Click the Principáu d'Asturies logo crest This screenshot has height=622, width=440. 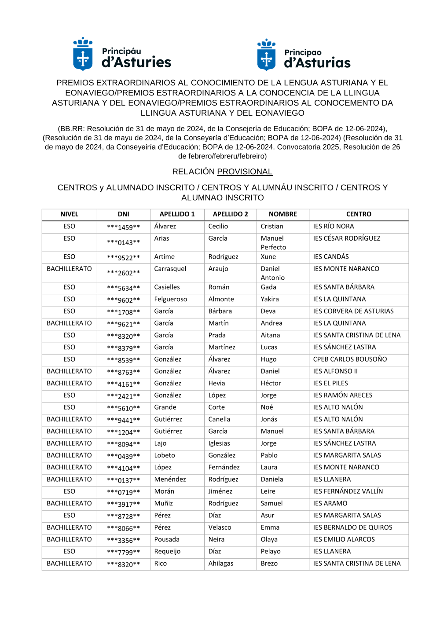pos(83,54)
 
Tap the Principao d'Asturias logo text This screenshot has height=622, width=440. pos(317,59)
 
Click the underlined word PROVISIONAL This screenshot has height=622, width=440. pos(245,172)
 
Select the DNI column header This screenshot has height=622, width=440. pos(123,214)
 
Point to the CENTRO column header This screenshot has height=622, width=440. pos(359,214)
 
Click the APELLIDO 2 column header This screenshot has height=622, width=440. pos(230,214)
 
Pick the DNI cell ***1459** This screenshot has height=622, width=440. pos(123,227)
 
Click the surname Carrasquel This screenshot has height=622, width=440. pos(170,269)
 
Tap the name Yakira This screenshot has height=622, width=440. pos(270,299)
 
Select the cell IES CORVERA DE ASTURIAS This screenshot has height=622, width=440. pos(353,311)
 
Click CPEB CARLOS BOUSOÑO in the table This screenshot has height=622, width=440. pos(350,359)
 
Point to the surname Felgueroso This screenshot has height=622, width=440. pos(171,299)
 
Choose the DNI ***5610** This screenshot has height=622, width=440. pos(123,408)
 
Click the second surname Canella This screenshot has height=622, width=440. pos(219,419)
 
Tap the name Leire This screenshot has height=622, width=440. pos(268,491)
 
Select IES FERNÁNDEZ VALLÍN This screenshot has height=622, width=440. pos(348,491)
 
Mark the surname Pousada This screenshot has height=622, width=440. pos(167,539)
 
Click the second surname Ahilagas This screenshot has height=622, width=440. pos(221,563)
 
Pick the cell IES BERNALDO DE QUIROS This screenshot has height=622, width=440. pos(352,527)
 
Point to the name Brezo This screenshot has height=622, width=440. pos(269,563)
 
